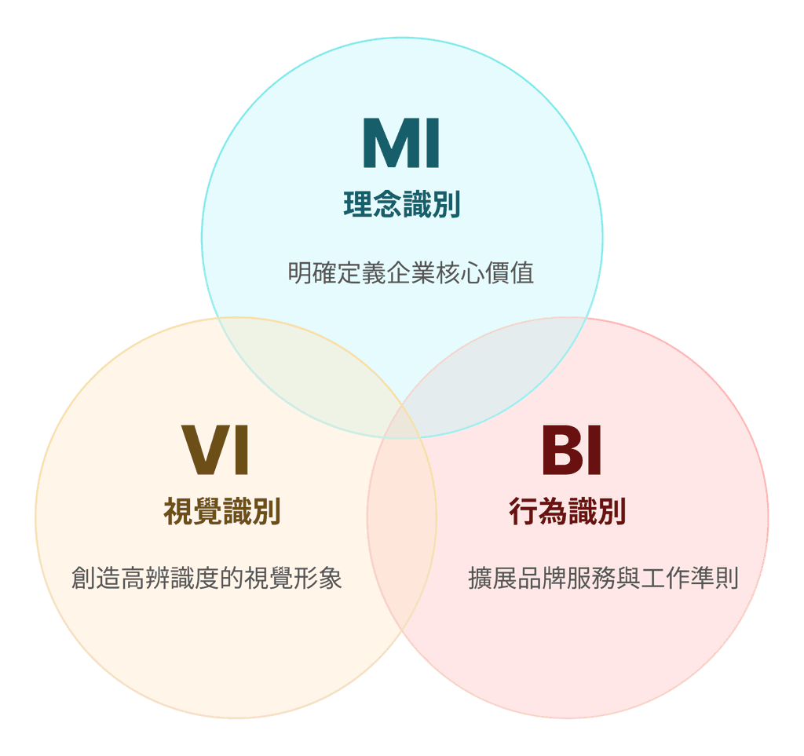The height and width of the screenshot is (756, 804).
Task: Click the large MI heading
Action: point(401,144)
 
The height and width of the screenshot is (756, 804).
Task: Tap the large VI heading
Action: point(216,451)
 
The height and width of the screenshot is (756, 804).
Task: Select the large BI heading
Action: point(572,451)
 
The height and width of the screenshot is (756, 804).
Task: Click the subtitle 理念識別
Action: point(401,205)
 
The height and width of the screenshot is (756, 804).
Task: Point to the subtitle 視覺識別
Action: point(222,512)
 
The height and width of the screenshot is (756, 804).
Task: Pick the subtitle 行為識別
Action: point(567,512)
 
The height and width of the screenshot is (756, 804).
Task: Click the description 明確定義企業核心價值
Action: point(411,273)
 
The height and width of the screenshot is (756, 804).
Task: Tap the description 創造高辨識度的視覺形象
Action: point(206,579)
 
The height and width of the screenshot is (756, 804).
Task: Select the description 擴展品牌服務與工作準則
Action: point(603,579)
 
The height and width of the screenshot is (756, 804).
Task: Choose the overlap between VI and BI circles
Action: point(402,518)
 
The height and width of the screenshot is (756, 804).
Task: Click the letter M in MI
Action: point(387,144)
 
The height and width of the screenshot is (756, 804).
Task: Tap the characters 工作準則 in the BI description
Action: point(689,579)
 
